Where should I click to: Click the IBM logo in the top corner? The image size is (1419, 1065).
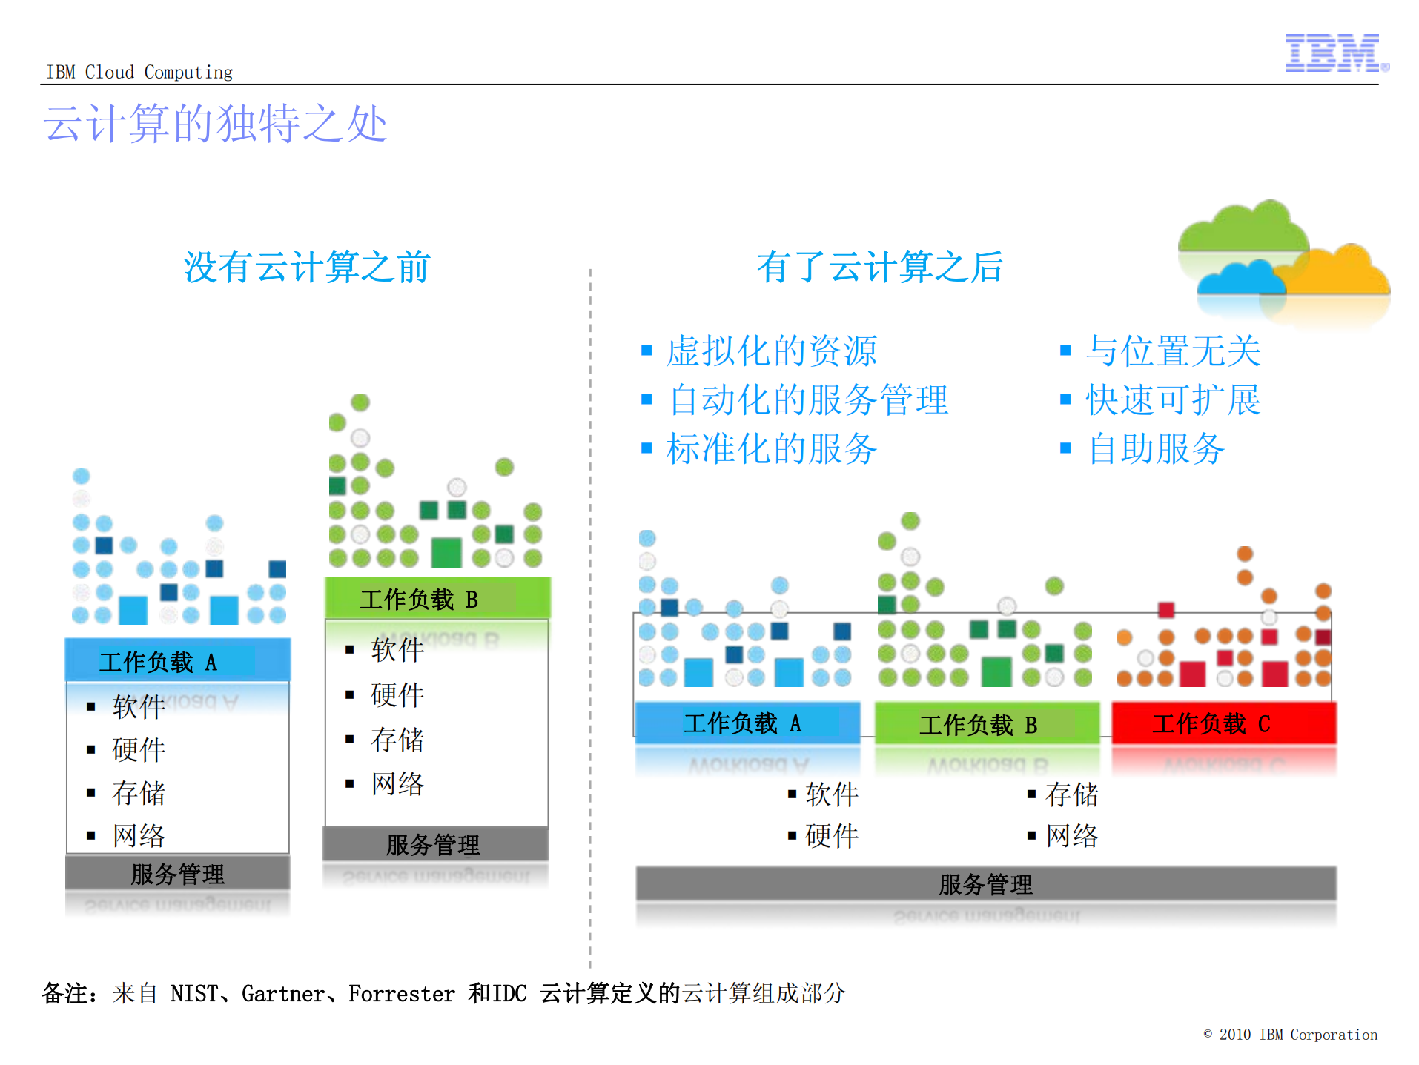[x=1335, y=53]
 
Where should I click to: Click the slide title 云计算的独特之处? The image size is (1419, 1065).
[x=215, y=124]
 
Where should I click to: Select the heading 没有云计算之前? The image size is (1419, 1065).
[x=306, y=267]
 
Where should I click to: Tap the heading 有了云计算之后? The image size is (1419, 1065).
[x=879, y=267]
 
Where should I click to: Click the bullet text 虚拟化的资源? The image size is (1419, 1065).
[x=771, y=351]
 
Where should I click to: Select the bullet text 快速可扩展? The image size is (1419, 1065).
[x=1172, y=400]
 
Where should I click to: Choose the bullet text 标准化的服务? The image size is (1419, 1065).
[x=771, y=449]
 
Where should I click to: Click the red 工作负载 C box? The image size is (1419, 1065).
[x=1223, y=723]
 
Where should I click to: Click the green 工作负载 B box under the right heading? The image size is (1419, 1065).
[x=986, y=724]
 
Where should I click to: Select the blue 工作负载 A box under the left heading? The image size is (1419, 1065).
[x=177, y=660]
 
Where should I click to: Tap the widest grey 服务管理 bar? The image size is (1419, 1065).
[x=985, y=883]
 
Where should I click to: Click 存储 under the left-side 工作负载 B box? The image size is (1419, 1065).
[x=397, y=740]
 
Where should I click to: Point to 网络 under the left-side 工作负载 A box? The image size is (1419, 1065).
[x=139, y=835]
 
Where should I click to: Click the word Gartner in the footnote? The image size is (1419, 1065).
[x=282, y=993]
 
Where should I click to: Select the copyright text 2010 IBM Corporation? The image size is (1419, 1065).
[x=1297, y=1035]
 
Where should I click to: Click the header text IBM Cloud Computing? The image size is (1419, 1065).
[x=139, y=72]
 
